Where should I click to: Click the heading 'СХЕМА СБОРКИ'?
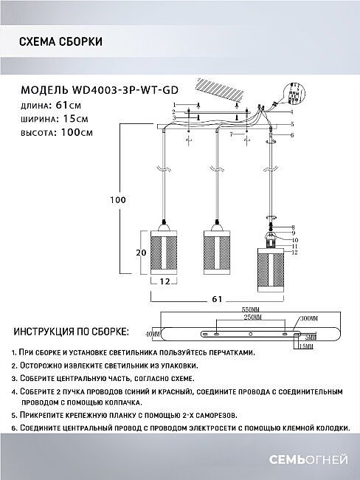(60, 41)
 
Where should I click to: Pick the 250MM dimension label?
(250, 318)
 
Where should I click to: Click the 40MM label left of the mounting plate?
(152, 334)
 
